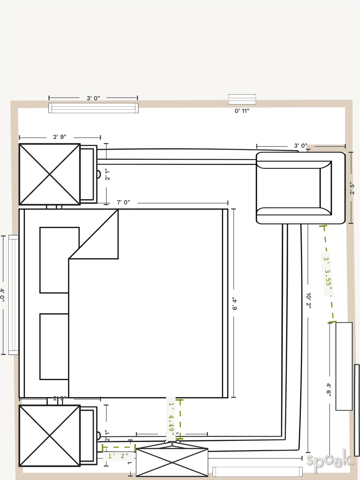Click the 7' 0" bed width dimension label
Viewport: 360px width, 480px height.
click(123, 202)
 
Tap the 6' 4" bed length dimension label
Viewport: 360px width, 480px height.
click(234, 304)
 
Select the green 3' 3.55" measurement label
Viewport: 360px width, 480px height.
click(328, 274)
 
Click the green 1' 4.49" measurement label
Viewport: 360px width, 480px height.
click(171, 418)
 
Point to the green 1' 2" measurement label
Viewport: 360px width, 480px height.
click(116, 455)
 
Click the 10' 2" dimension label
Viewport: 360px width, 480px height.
click(308, 301)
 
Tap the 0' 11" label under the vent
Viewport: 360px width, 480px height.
click(242, 111)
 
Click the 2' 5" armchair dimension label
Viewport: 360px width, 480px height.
click(352, 188)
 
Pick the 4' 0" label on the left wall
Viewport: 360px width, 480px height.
click(3, 295)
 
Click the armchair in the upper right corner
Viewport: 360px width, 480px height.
click(300, 188)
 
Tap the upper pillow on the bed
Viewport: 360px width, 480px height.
click(59, 260)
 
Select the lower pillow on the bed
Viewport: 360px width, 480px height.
click(54, 346)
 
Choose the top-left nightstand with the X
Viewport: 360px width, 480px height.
click(50, 174)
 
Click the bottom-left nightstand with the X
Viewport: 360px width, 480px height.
click(50, 436)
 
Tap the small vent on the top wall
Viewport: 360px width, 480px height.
click(242, 99)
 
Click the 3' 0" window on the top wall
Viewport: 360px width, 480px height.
click(94, 108)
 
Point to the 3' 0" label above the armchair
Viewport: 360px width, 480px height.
click(300, 146)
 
